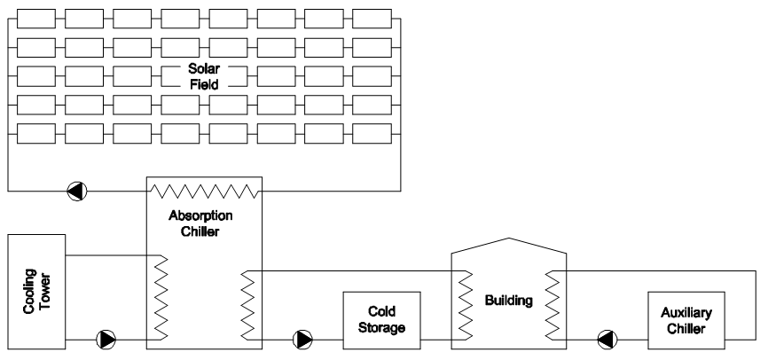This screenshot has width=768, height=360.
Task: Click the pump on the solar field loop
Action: pyautogui.click(x=77, y=189)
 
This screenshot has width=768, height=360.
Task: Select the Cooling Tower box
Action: pyautogui.click(x=37, y=292)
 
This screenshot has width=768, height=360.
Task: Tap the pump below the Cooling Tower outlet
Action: pyautogui.click(x=106, y=339)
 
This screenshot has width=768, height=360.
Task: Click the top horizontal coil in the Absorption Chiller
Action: pyautogui.click(x=203, y=189)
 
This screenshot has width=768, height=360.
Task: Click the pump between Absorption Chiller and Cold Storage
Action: pyautogui.click(x=303, y=339)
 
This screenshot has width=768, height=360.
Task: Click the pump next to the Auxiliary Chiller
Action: pyautogui.click(x=605, y=339)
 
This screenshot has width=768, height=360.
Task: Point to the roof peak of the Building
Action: pyautogui.click(x=507, y=238)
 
